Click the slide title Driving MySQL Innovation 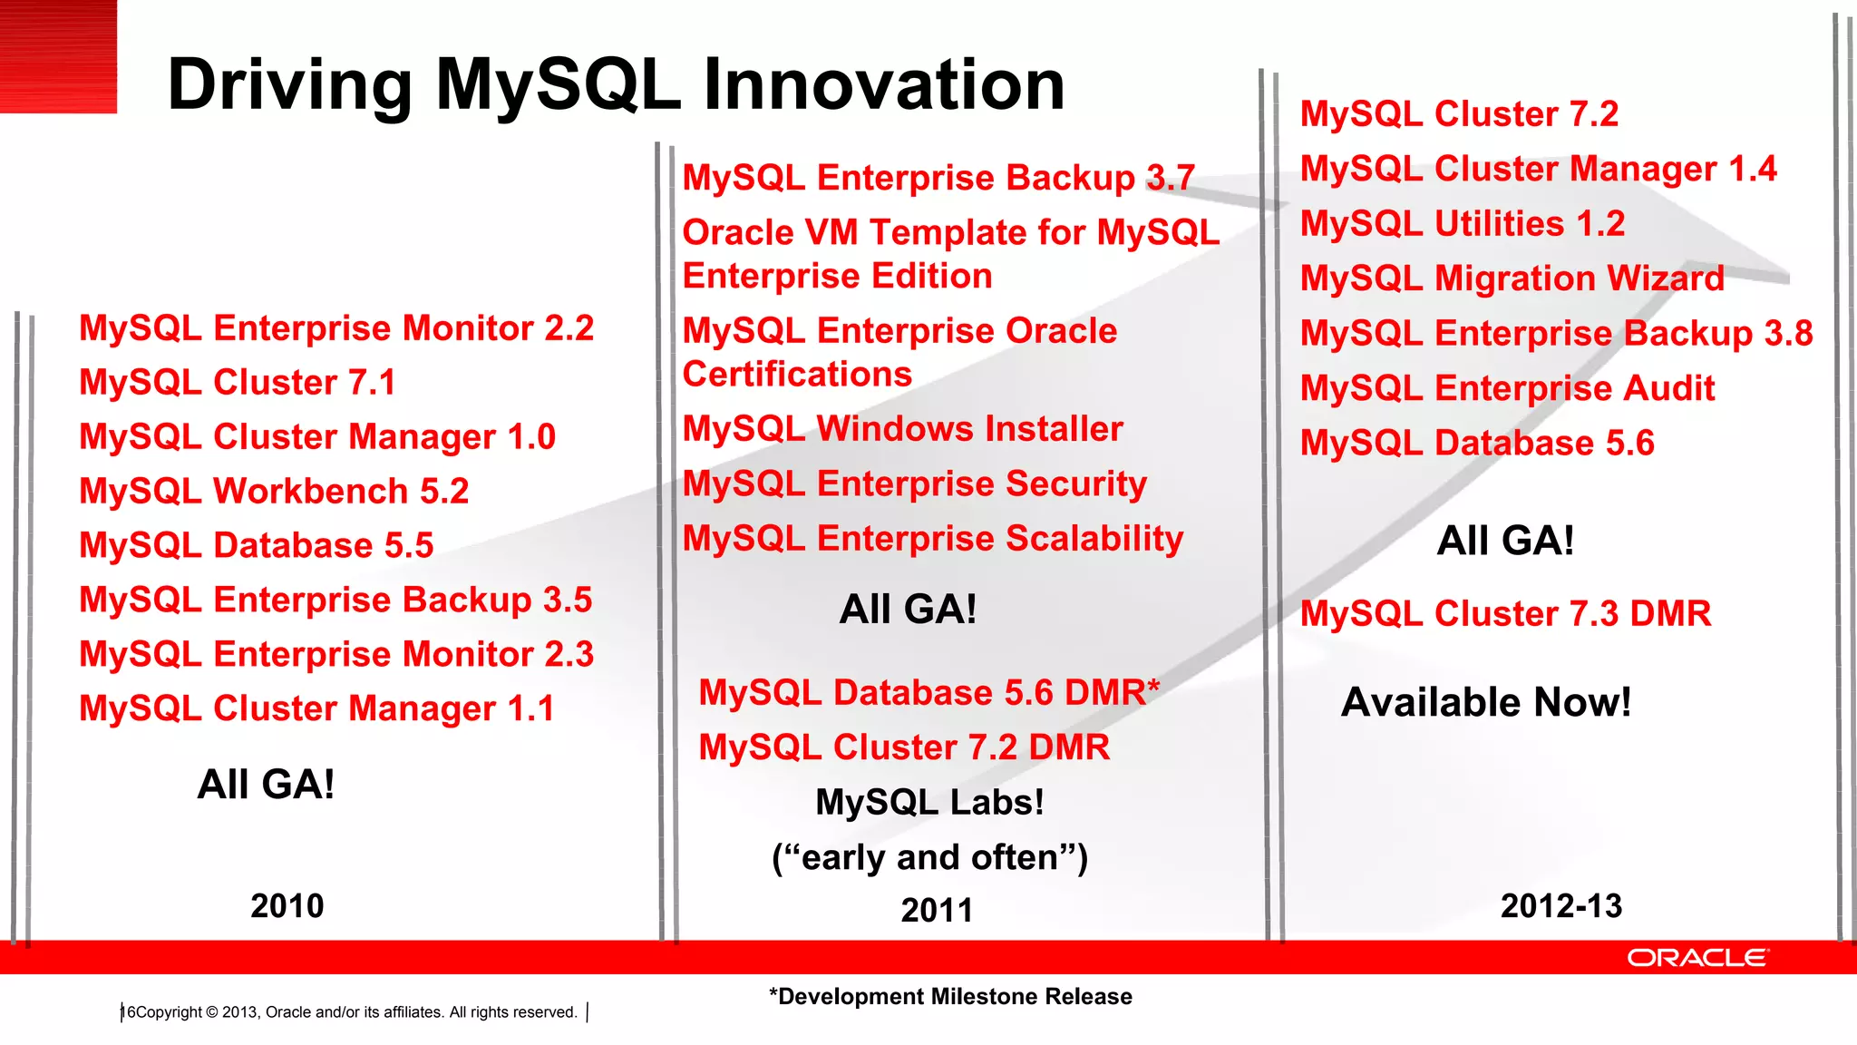coord(616,84)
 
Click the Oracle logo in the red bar coord(1697,958)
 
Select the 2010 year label coord(287,905)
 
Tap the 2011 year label coord(937,910)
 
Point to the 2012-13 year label coord(1560,905)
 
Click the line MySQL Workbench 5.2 coord(274,491)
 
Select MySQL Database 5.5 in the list coord(257,545)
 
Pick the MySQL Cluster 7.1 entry coord(238,382)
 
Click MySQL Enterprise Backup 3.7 coord(938,178)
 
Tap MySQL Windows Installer coord(903,428)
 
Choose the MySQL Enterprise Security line coord(915,483)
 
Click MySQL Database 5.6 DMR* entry coord(929,692)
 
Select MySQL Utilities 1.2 coord(1463,223)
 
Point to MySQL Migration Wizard coord(1512,278)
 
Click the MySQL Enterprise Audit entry coord(1507,388)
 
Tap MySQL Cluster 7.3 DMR coord(1505,613)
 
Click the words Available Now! coord(1485,702)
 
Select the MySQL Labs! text coord(929,802)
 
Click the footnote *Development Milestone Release coord(950,996)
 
